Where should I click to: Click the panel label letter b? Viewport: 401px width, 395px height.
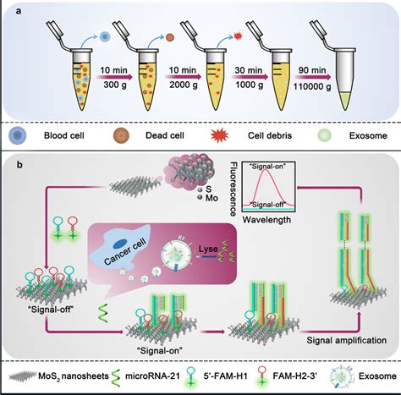[14, 157]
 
